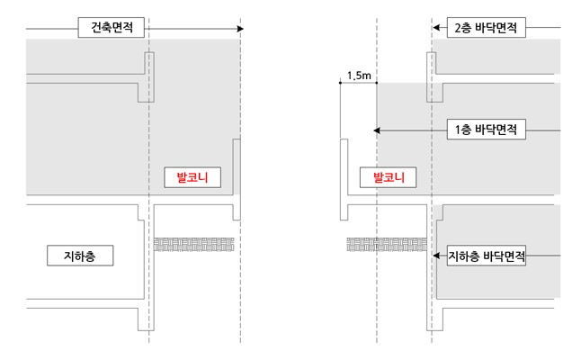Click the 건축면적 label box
point(112,29)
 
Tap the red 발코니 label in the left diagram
point(192,177)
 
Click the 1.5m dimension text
point(358,76)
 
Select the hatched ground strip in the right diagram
point(385,243)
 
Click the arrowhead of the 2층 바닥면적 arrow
point(435,29)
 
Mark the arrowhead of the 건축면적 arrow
point(240,29)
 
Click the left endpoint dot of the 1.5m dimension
point(340,84)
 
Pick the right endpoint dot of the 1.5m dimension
point(376,84)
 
